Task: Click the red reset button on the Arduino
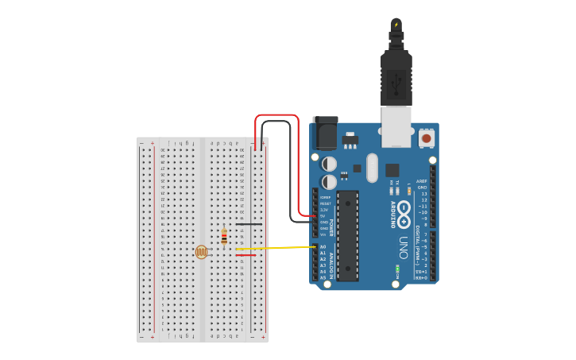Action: (427, 137)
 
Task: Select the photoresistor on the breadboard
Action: (202, 252)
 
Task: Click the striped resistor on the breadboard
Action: (224, 236)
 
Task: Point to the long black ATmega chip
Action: (347, 235)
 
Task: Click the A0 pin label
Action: (323, 246)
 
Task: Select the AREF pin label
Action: (422, 181)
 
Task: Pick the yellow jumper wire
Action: (278, 248)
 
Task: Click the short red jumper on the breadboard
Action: (245, 255)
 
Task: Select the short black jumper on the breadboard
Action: (249, 224)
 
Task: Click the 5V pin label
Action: (323, 215)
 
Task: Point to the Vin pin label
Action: (323, 234)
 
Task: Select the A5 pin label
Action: (323, 277)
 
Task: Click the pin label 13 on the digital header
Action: (424, 193)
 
